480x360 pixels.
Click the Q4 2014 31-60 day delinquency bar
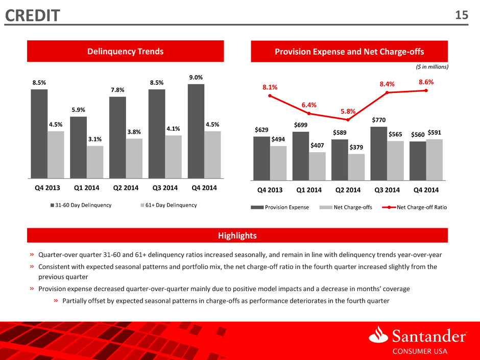pos(196,131)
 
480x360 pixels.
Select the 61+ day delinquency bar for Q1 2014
pos(95,162)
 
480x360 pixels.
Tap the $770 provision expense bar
pos(379,153)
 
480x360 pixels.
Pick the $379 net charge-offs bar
pos(356,167)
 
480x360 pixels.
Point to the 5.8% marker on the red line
pos(348,119)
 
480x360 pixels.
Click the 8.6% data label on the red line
pos(426,82)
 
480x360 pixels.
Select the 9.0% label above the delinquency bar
pos(196,78)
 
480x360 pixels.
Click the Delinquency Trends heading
pos(126,51)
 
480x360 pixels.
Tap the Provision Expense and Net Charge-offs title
pos(349,52)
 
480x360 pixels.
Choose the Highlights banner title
pos(237,235)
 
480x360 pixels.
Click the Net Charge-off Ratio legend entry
pos(415,207)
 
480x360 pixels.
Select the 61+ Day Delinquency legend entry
pos(169,205)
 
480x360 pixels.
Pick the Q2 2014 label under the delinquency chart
pos(126,187)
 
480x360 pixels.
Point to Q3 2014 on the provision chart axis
pos(387,190)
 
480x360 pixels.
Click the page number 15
pos(462,15)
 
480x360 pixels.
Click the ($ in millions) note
pos(432,67)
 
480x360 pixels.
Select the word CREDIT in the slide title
pos(33,16)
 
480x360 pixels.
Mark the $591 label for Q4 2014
pos(435,133)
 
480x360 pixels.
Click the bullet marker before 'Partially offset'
pos(56,301)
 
